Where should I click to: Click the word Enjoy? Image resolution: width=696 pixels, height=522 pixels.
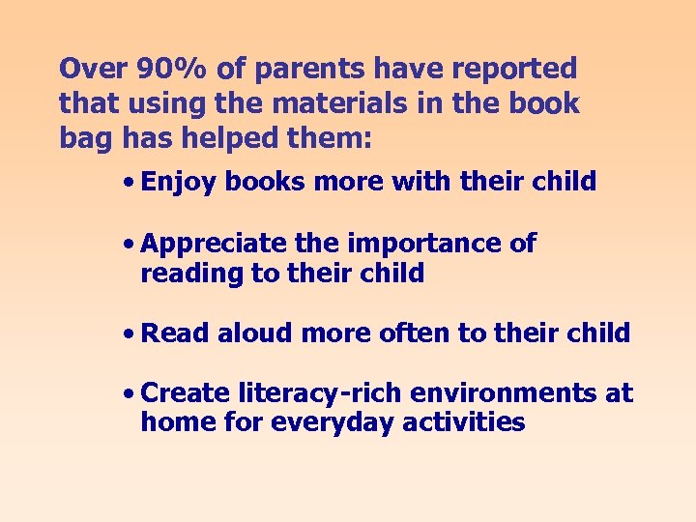pyautogui.click(x=178, y=183)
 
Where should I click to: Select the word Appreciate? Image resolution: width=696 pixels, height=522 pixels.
pyautogui.click(x=214, y=245)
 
